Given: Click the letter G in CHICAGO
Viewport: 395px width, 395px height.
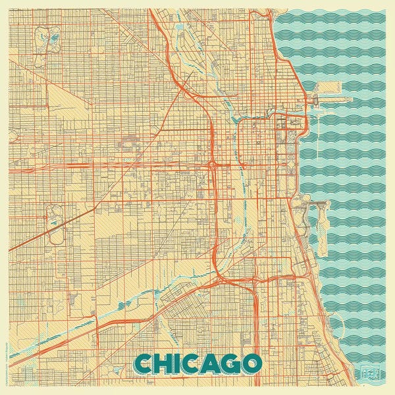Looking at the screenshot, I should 229,363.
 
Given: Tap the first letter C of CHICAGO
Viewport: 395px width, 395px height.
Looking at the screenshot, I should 144,363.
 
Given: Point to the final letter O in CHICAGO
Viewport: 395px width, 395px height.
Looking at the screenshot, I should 251,363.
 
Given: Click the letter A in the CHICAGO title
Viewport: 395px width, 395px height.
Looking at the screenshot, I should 209,363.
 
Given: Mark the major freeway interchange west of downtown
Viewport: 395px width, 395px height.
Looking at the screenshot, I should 213,165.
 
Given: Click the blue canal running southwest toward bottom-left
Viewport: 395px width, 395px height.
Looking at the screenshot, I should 132,296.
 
